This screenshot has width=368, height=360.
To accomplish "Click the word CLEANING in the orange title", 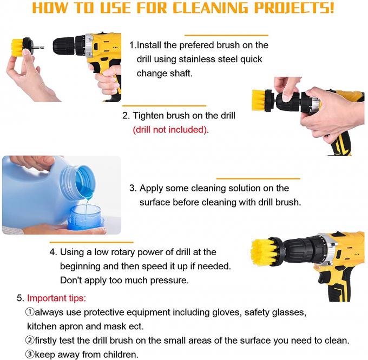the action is pos(211,8).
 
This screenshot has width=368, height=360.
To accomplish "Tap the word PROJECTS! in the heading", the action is pos(294,8).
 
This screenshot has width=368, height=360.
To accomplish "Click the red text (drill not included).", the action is pos(170,130).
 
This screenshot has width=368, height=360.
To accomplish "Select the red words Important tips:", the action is pos(57,298).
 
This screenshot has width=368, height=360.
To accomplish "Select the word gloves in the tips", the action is pos(227,312).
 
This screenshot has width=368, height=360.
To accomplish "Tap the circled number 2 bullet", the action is pos(30,340).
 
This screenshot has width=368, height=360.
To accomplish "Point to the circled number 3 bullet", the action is pos(30,354).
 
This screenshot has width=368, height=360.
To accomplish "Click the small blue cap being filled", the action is pos(86,218).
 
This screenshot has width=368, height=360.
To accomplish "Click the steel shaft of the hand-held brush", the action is pos(38,47).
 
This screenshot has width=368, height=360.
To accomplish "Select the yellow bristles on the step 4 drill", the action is pos(262,252).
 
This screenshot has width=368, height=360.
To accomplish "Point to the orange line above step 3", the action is pos(258,178).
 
